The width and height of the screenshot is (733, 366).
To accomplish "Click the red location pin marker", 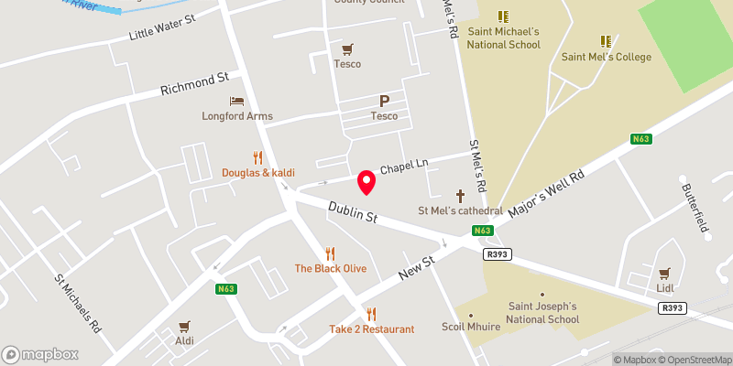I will pos(366,181).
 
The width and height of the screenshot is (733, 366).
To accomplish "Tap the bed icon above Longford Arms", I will pos(237,101).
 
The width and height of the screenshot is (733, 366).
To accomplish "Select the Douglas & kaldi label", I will pos(257,172).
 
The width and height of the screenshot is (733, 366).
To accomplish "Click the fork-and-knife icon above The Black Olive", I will pos(331,253).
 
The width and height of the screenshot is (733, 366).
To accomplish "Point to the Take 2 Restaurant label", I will pos(372,328).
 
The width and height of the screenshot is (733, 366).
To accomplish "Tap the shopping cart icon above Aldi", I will pos(184,325).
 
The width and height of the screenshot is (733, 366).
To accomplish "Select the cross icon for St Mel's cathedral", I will pos(461,195).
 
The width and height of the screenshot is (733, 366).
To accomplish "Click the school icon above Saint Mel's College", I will pos(606,41).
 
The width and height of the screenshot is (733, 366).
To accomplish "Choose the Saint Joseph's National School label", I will pos(543,312).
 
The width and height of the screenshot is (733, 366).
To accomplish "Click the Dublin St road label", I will pos(353,214).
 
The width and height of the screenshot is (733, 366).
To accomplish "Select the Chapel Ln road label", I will pos(404,166).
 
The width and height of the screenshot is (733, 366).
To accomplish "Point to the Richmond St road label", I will pos(193,85).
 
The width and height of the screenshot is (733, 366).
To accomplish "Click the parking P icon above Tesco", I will pos(384,102).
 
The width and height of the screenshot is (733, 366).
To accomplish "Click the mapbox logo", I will pos(40,354).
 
